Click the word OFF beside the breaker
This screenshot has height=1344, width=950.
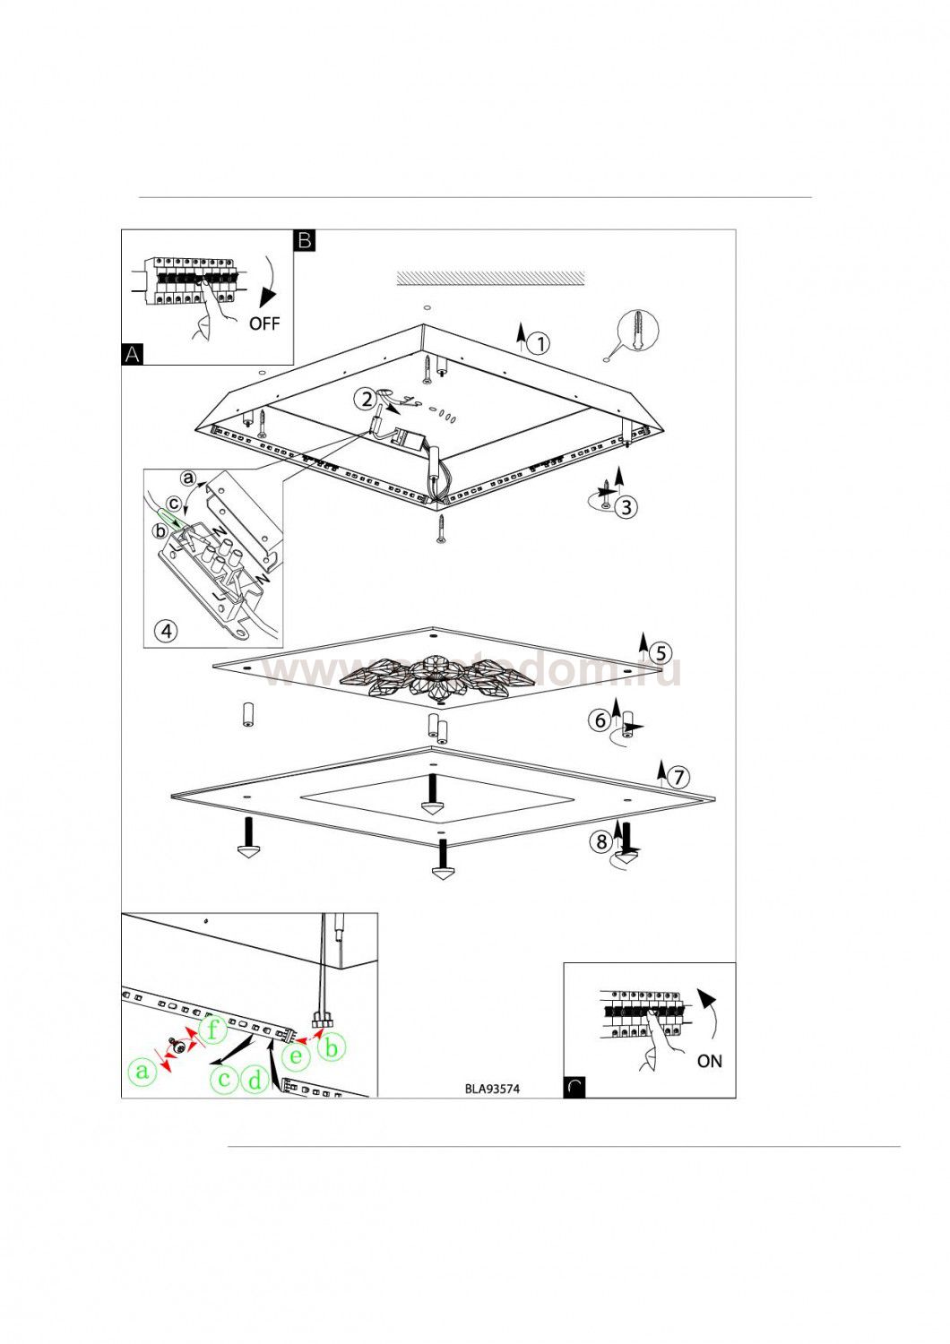264,323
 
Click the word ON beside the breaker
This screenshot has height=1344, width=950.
709,1061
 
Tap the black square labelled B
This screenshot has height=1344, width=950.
305,240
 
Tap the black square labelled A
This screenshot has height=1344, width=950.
132,354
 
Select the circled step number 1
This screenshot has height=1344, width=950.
538,343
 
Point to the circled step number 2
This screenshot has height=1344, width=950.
365,399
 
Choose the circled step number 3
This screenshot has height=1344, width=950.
626,506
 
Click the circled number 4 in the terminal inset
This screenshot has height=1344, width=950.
166,631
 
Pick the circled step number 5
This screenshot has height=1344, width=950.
660,652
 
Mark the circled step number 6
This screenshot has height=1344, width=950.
601,719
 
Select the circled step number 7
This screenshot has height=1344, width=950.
678,777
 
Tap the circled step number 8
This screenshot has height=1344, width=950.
601,841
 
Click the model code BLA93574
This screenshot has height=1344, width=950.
492,1090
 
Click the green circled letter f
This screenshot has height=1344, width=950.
212,1030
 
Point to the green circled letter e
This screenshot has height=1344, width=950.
296,1056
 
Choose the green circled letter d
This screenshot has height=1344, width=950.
255,1080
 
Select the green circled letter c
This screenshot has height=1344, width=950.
224,1079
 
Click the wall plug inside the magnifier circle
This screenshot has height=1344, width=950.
637,331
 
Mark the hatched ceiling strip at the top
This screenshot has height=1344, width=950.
490,278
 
